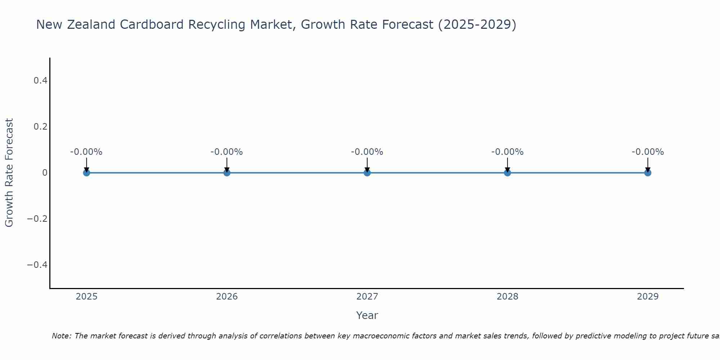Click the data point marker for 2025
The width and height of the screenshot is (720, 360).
click(86, 173)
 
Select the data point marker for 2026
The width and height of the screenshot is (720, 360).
click(227, 173)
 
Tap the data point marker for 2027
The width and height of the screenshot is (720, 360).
click(367, 173)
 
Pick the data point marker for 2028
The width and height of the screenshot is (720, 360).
click(507, 173)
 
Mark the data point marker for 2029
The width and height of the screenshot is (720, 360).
click(648, 173)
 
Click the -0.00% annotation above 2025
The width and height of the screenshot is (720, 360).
click(86, 152)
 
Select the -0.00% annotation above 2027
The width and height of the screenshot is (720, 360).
click(367, 152)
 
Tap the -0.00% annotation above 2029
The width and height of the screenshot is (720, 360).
click(648, 152)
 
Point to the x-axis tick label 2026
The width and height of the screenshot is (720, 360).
click(227, 297)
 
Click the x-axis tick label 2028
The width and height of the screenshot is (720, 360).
click(507, 297)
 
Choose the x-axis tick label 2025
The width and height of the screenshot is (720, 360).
click(87, 297)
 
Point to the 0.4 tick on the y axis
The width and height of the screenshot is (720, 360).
click(41, 81)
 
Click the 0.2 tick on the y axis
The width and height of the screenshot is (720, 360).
click(41, 127)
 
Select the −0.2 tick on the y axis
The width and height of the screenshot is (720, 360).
click(37, 219)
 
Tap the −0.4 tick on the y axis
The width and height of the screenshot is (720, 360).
click(37, 265)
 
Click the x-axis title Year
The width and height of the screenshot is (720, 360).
click(367, 316)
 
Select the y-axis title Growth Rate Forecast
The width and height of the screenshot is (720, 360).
click(9, 173)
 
